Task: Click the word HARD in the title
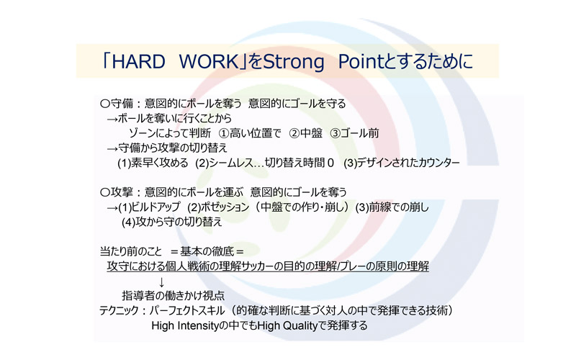138,61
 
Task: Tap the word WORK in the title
210,61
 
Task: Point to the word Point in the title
361,61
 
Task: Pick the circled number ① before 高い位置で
224,133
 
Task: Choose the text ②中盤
305,133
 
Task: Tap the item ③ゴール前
354,133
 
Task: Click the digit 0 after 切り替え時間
330,163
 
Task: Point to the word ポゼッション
225,207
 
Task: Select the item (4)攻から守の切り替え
172,222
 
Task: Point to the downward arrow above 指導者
161,282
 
